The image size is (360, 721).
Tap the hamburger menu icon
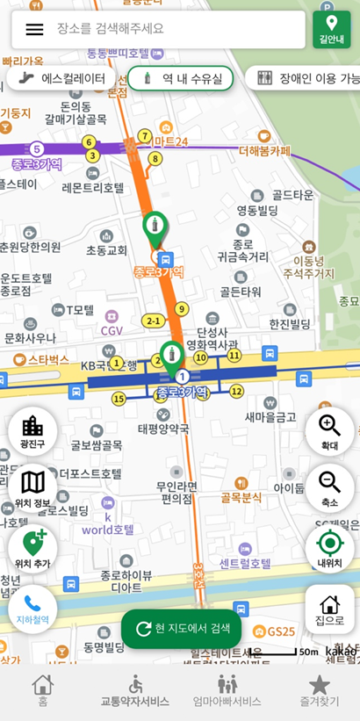(34, 29)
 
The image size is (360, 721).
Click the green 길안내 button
(331, 29)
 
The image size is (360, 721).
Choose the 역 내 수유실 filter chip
(181, 79)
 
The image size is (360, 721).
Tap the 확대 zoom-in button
(329, 432)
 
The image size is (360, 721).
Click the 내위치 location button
(329, 546)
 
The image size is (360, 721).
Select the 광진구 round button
(32, 432)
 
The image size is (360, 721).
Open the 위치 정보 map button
(32, 489)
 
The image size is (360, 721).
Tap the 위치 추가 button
(32, 548)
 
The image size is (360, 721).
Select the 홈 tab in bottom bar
(42, 690)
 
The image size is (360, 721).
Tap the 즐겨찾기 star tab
(319, 690)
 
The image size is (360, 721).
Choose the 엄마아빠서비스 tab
(227, 690)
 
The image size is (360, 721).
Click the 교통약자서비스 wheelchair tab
(134, 690)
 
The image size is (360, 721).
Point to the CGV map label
(112, 330)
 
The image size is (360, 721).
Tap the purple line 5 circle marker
(36, 148)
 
